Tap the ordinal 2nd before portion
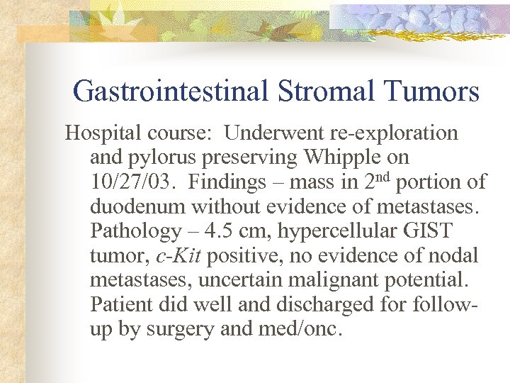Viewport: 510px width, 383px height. (376, 181)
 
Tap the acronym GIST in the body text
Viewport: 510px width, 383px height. (428, 231)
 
